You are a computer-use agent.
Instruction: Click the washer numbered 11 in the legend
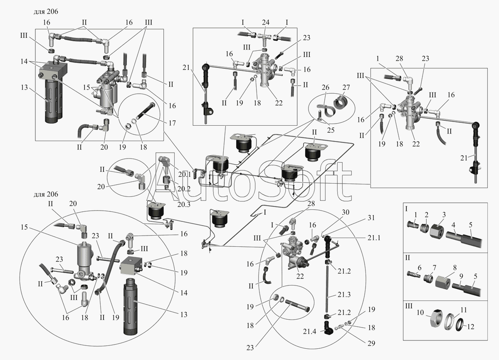tap(448, 322)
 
